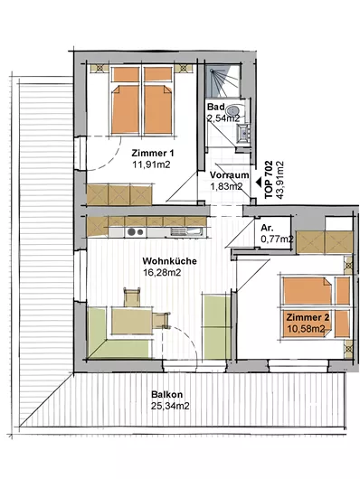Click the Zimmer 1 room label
(151, 153)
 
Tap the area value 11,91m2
(151, 165)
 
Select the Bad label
(214, 106)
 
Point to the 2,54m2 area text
(223, 117)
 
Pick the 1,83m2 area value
(226, 186)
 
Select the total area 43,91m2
(280, 177)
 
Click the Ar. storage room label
(268, 229)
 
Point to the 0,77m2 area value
(275, 239)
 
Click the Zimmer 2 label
(308, 319)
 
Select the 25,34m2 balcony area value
(170, 406)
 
